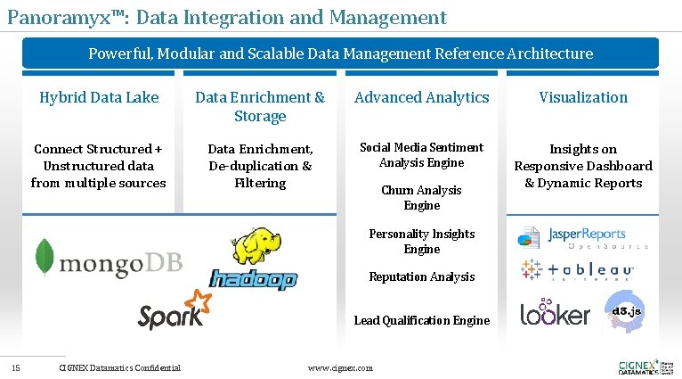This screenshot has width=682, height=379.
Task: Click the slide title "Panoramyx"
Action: (226, 17)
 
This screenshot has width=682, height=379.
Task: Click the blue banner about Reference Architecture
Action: (340, 54)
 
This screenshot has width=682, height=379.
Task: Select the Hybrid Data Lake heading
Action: (99, 97)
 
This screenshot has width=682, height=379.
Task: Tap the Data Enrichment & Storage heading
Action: (260, 106)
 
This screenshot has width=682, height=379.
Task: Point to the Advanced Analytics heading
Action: (421, 97)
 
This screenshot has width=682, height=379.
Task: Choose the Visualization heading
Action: (583, 97)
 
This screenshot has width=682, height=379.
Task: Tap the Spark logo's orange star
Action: (195, 303)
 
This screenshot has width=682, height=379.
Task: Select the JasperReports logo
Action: (583, 238)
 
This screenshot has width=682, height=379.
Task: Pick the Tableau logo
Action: (578, 270)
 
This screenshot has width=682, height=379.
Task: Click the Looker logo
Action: (555, 315)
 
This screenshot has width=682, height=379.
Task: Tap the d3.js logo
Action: (627, 311)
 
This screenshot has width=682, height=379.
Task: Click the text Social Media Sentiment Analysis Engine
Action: (421, 155)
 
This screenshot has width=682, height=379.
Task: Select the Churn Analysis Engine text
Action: (421, 197)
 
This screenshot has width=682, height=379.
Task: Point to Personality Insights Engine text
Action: (421, 241)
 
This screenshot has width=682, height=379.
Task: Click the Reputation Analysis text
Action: (421, 276)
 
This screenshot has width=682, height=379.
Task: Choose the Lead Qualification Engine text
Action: (421, 320)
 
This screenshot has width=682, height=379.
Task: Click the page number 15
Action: (16, 367)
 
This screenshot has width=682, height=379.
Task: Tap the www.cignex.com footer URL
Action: (340, 367)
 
